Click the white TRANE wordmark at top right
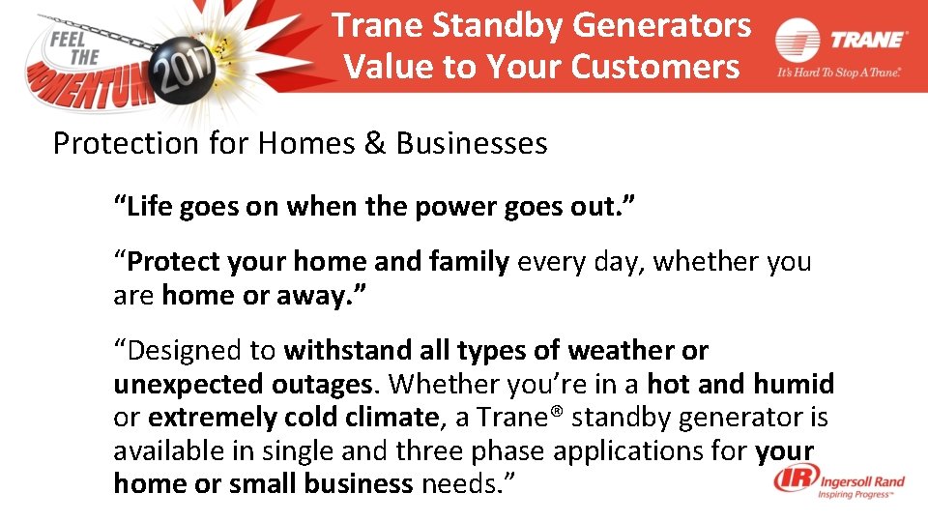pos(868,40)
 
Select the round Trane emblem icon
pos(797,42)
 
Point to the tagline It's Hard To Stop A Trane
pos(838,72)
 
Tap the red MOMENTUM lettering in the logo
pos(92,82)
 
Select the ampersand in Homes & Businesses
pos(374,144)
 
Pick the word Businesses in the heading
pos(472,144)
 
